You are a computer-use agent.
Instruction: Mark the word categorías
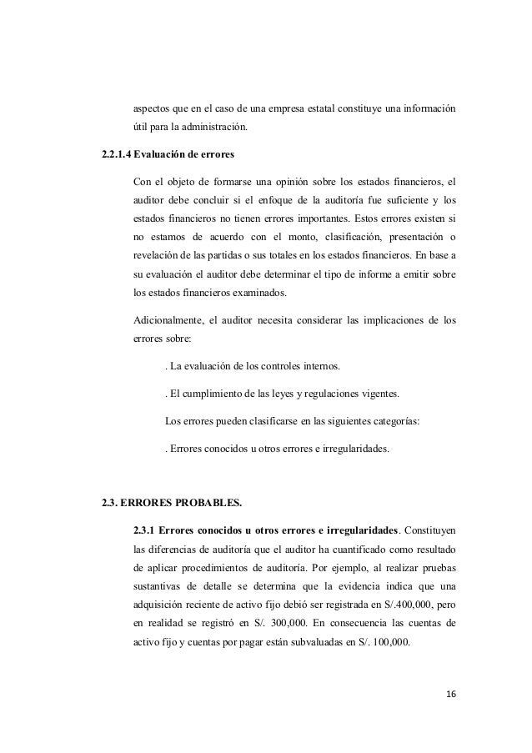[392, 421]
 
